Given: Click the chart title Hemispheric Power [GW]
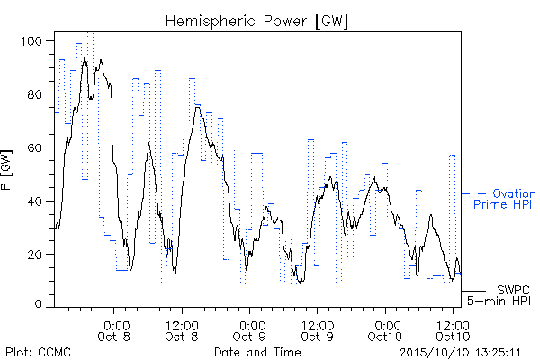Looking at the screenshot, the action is [x=256, y=22].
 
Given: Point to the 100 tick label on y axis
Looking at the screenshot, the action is [x=31, y=41].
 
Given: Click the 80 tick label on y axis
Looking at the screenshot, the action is [x=35, y=94].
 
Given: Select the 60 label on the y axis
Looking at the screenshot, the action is [x=35, y=148].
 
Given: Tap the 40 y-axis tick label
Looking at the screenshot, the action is [x=35, y=202].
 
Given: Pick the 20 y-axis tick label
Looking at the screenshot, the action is [x=35, y=255].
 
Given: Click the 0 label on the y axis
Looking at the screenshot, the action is [x=38, y=304].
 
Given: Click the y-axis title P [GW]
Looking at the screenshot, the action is [x=6, y=169].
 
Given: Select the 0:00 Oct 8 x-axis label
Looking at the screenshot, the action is [x=114, y=330].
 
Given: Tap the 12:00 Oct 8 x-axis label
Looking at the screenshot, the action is [x=182, y=330].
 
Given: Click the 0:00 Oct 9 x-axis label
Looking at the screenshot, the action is [x=249, y=330].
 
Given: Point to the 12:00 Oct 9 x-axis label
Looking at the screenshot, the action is [x=317, y=330].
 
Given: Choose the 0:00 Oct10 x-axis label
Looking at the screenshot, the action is [x=385, y=330].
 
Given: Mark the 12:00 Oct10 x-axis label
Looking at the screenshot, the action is [x=453, y=330].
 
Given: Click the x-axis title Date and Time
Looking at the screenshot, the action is [x=257, y=352].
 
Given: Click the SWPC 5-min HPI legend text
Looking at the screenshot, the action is [x=499, y=295].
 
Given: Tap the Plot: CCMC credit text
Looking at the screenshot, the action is [x=38, y=352].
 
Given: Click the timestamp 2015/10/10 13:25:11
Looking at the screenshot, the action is [x=460, y=353].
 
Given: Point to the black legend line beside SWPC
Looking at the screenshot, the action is [x=473, y=291].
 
